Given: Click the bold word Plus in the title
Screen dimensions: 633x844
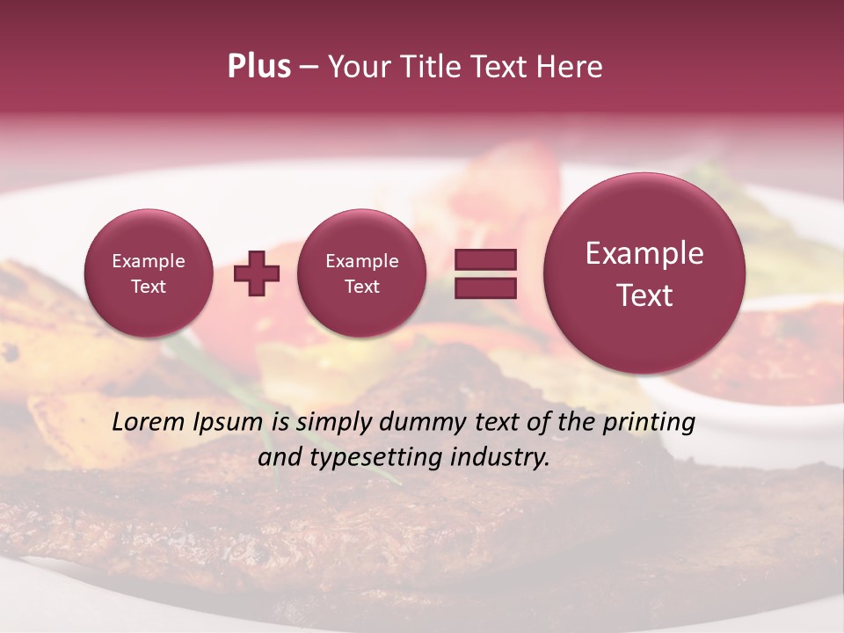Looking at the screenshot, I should point(258,67).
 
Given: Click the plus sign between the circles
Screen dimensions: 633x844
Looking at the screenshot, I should point(257,273).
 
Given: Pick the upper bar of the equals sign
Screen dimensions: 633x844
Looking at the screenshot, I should point(484,259).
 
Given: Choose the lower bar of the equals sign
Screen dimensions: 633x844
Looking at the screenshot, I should point(484,287).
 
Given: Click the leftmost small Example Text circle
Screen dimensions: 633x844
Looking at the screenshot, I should point(148,273).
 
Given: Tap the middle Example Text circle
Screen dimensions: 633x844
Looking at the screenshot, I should point(361,273).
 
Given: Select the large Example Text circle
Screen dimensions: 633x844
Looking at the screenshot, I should point(644,273).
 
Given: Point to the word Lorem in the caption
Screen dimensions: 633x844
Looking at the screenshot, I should point(149,422).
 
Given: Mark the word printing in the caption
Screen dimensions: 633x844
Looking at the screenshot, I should point(650,423).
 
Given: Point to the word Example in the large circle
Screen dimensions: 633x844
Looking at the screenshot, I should point(644,253).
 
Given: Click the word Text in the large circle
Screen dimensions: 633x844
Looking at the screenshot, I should point(644,295).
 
